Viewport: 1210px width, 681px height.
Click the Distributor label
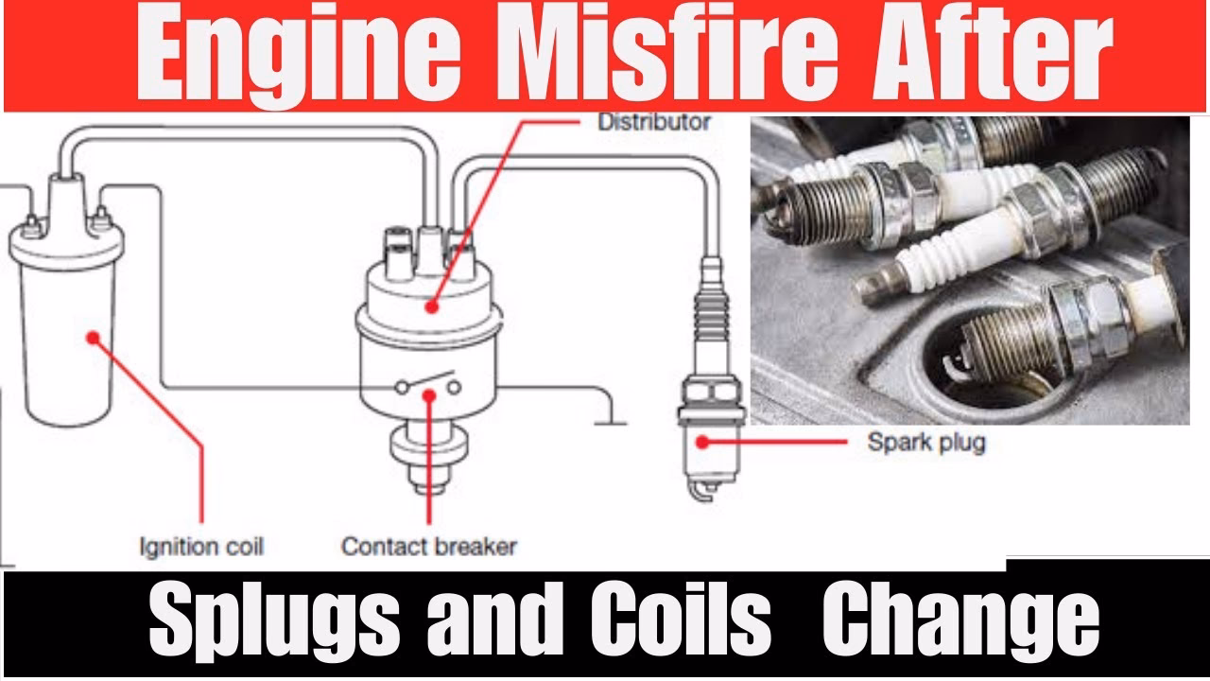click(x=653, y=122)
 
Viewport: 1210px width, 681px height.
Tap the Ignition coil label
click(x=201, y=546)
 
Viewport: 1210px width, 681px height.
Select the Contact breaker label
click(x=429, y=546)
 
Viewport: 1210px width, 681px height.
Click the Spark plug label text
click(x=926, y=442)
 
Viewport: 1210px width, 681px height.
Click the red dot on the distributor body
click(x=431, y=306)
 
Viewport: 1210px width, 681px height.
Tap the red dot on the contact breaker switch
click(x=429, y=394)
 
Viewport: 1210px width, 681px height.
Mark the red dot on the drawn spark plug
click(x=701, y=441)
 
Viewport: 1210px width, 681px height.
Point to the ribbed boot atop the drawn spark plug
click(x=711, y=312)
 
